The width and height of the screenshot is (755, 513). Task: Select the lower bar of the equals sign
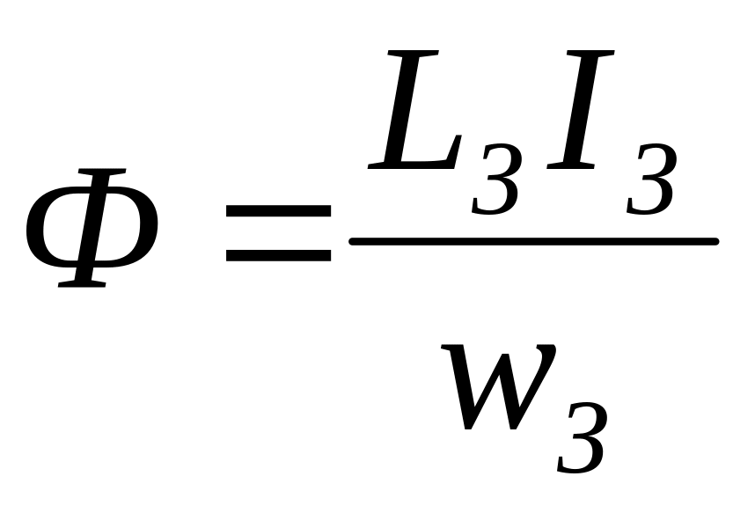(278, 256)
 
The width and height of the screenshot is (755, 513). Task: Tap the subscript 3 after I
(650, 180)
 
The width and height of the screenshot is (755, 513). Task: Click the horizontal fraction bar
(534, 240)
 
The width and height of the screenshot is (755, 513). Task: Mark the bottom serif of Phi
(79, 284)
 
